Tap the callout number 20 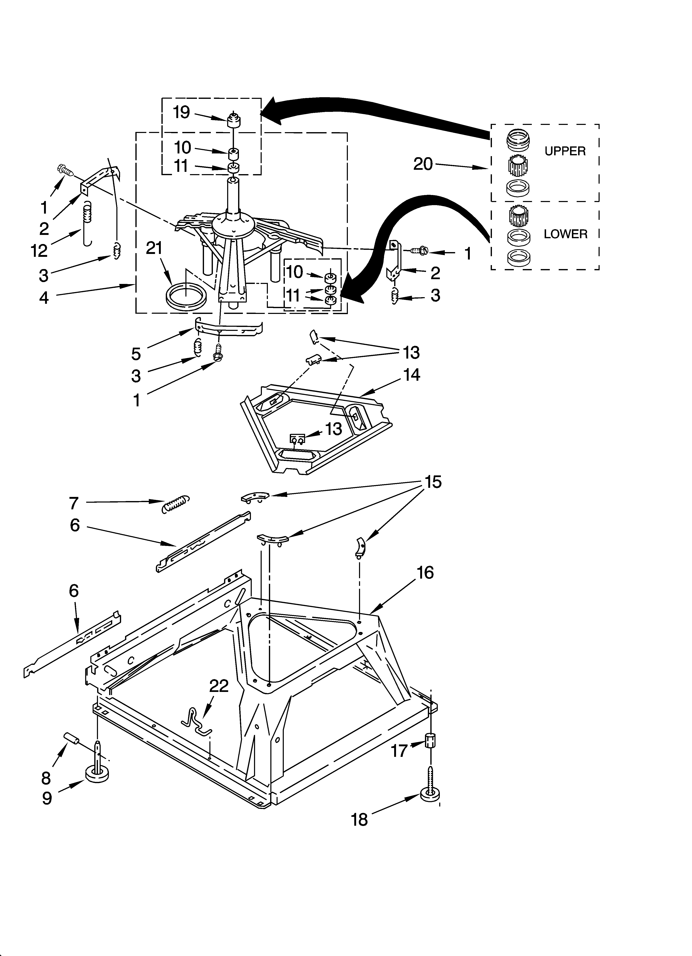(x=423, y=164)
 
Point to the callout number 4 (x=44, y=298)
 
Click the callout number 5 (x=136, y=354)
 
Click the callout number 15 (x=433, y=481)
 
